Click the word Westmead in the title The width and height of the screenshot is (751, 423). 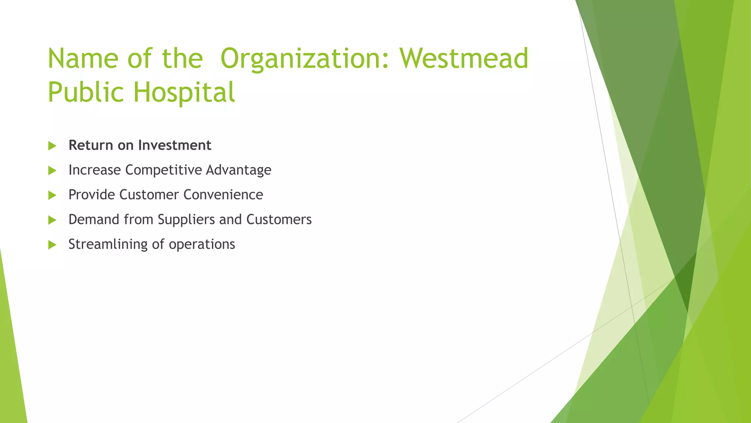(464, 59)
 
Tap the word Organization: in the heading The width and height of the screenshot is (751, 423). (305, 59)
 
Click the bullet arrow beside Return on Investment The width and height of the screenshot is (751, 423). (52, 146)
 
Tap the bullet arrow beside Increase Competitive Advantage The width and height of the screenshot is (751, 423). (52, 170)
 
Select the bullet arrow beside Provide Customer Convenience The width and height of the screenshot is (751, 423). (52, 195)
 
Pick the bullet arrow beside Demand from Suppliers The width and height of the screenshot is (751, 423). (52, 220)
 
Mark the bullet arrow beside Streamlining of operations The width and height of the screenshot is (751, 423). (52, 245)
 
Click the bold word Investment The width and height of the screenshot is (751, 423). (175, 145)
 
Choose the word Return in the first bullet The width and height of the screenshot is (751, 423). (91, 145)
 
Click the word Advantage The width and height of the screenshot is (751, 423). (238, 170)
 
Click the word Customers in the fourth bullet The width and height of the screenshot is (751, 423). (279, 220)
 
